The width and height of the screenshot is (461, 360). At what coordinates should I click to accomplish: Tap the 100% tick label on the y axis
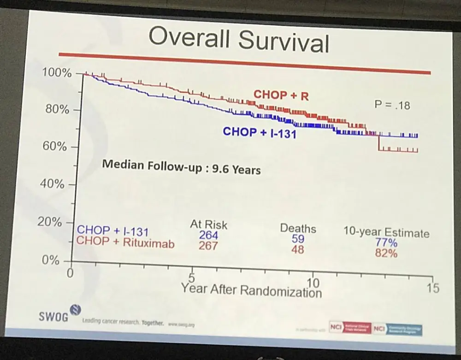(x=56, y=73)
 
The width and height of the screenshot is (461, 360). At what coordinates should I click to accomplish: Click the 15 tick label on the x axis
(x=433, y=288)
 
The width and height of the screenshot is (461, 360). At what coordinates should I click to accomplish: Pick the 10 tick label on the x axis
(x=313, y=283)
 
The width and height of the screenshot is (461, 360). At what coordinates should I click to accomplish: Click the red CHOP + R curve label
(x=281, y=95)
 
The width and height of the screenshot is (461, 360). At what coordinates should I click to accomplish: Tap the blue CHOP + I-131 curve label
(x=259, y=132)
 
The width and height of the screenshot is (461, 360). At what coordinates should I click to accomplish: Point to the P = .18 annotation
(x=392, y=105)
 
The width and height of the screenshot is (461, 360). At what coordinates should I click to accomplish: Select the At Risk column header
(x=208, y=225)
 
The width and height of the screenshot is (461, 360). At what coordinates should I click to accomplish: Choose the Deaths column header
(x=298, y=229)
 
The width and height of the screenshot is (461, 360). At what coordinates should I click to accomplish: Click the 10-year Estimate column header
(x=386, y=233)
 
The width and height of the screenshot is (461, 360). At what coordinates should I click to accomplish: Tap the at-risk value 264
(x=208, y=236)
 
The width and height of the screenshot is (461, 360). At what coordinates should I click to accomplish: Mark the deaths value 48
(x=297, y=249)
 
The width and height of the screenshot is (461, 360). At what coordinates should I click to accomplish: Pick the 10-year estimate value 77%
(x=386, y=243)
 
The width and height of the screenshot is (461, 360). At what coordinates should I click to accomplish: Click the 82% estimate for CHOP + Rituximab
(x=386, y=253)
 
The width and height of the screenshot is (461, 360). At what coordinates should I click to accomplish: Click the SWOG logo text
(x=53, y=317)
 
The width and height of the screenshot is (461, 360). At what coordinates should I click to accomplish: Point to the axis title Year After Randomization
(x=251, y=290)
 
